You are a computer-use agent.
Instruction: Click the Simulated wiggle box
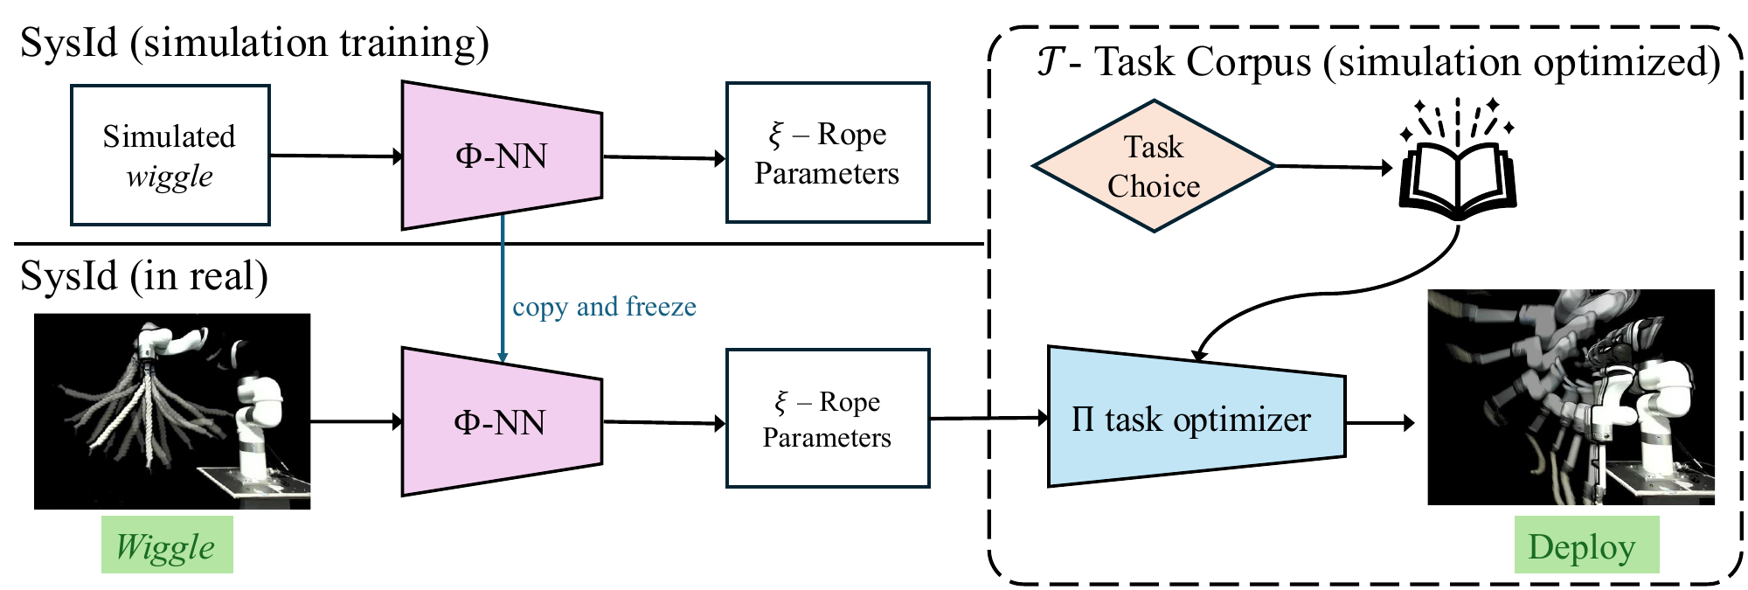tap(170, 156)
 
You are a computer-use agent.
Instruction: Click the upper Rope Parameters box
tap(827, 154)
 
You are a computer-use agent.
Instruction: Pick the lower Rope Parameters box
tap(827, 419)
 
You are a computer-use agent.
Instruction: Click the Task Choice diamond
tap(1154, 166)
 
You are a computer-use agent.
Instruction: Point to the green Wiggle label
tap(167, 545)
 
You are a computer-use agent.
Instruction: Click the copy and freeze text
tap(604, 307)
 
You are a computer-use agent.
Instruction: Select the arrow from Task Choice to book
tap(1333, 166)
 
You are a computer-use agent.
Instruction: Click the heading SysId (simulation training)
tap(254, 42)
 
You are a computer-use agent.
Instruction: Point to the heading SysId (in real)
tap(144, 276)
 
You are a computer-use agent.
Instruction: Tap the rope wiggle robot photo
tap(172, 411)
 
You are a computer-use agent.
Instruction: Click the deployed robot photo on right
tap(1571, 398)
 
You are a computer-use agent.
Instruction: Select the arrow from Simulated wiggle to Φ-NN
tap(336, 156)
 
